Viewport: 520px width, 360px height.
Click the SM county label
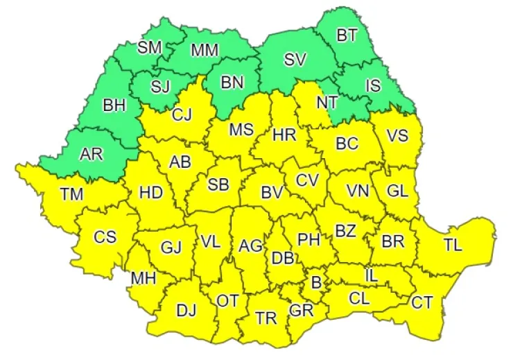pyautogui.click(x=149, y=47)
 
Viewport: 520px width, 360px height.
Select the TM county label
pyautogui.click(x=71, y=194)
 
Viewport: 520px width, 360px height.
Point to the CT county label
pyautogui.click(x=422, y=302)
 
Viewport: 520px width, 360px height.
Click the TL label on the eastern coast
pyautogui.click(x=453, y=244)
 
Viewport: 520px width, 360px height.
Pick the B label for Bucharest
pyautogui.click(x=316, y=283)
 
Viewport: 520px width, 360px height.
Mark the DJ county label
pyautogui.click(x=186, y=311)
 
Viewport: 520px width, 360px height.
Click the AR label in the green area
pyautogui.click(x=91, y=154)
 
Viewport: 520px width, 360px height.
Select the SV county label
pyautogui.click(x=295, y=60)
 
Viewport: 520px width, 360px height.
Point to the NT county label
pyautogui.click(x=327, y=102)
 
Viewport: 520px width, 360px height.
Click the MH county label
pyautogui.click(x=143, y=278)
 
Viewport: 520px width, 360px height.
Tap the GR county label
pyautogui.click(x=302, y=310)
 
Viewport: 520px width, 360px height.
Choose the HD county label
pyautogui.click(x=150, y=192)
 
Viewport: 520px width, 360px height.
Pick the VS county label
pyautogui.click(x=397, y=135)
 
